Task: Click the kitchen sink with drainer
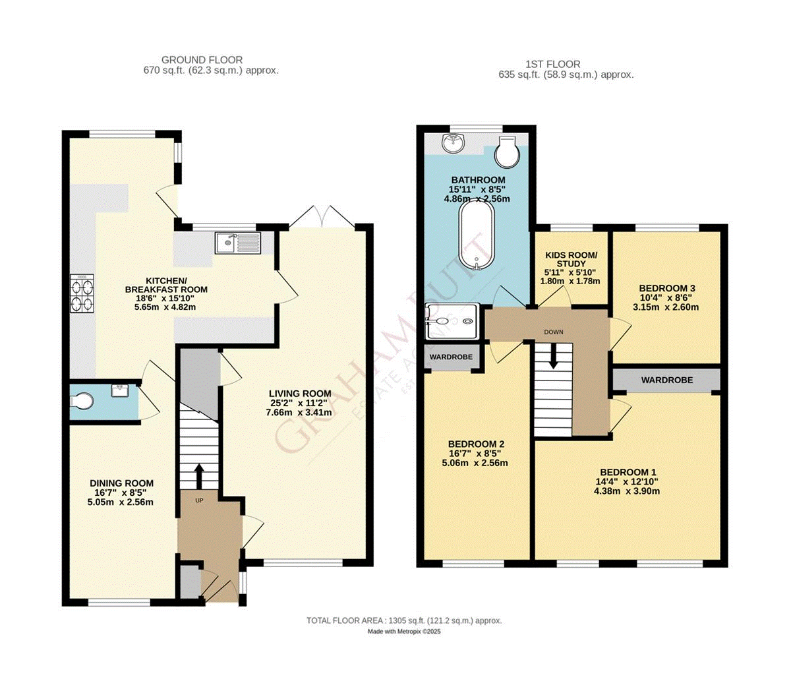click(x=238, y=243)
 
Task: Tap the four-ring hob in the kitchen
click(x=82, y=293)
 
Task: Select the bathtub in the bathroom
click(x=475, y=235)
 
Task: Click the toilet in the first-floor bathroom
click(x=508, y=151)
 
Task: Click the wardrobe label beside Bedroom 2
click(x=451, y=357)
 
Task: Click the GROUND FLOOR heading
click(x=202, y=60)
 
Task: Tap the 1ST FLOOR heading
click(x=553, y=64)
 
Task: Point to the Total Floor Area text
click(x=404, y=620)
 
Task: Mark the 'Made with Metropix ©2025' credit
click(x=404, y=632)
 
